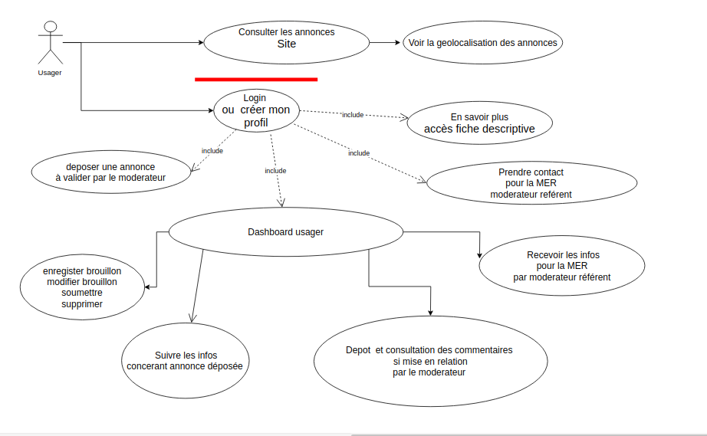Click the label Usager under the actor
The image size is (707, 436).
point(50,73)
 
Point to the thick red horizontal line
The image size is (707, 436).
point(256,79)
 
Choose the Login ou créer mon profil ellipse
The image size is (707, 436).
point(255,110)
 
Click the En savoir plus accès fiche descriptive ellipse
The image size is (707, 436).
point(479,123)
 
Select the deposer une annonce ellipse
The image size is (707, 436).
point(110,172)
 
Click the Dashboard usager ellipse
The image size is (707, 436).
point(285,231)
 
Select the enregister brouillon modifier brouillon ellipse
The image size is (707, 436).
point(82,287)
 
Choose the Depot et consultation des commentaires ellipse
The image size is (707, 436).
point(429,361)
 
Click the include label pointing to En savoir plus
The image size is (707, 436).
point(353,115)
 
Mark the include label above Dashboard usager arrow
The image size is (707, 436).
point(275,171)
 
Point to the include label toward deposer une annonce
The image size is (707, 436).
point(212,151)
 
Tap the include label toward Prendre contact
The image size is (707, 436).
point(359,153)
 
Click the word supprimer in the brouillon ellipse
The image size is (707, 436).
point(82,304)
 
